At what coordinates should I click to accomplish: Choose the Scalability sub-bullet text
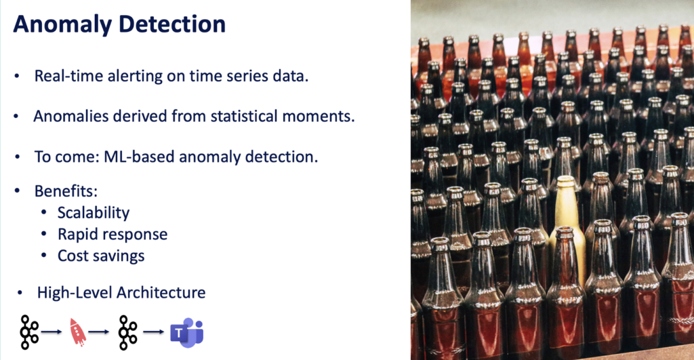(x=94, y=212)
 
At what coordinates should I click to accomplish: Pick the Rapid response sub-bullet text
(x=113, y=234)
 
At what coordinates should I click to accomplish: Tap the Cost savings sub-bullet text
(x=101, y=256)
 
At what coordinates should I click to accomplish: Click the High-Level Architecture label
(x=121, y=293)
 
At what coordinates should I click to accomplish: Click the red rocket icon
(x=78, y=332)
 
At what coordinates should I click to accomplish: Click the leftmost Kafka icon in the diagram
(x=29, y=332)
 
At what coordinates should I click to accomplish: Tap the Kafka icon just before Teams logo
(x=127, y=332)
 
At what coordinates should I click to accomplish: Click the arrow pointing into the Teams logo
(x=155, y=332)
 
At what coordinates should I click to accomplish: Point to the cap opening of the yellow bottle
(x=565, y=181)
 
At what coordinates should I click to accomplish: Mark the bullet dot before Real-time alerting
(x=17, y=76)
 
